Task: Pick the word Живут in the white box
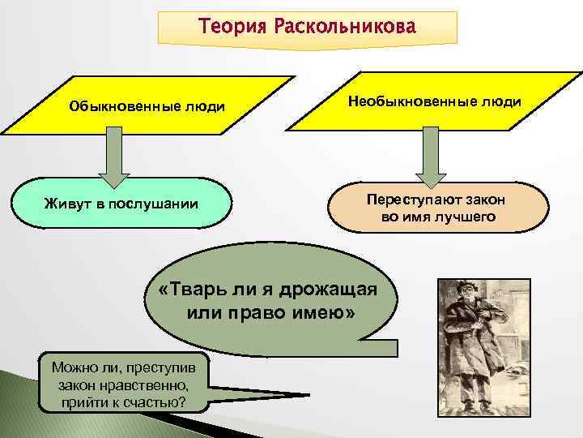coord(65,202)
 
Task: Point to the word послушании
coord(157,202)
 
